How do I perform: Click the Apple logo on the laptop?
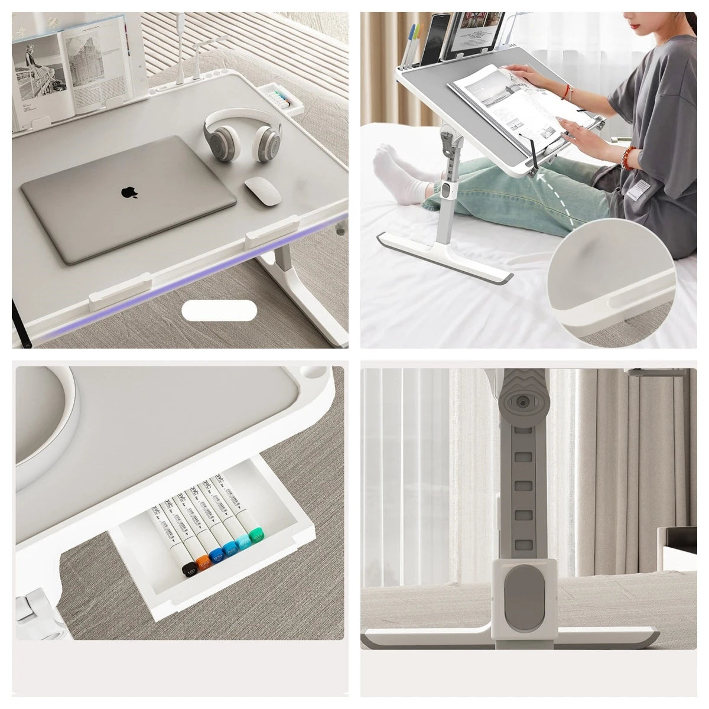128,192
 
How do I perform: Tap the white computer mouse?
262,190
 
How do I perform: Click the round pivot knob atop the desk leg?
522,402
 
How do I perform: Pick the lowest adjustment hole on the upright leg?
521,544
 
